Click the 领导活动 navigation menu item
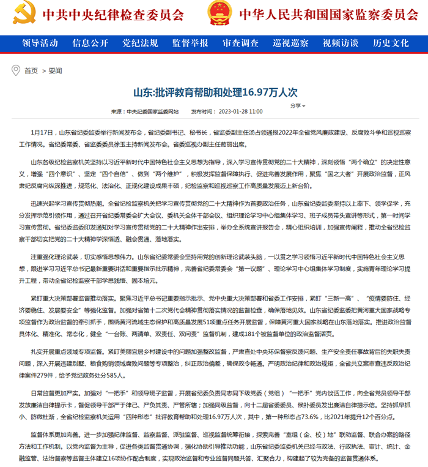pos(40,43)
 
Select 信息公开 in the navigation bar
pos(90,43)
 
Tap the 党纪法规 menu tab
pos(140,43)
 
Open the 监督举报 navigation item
pos(190,43)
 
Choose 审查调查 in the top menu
pos(240,43)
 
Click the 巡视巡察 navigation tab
pos(290,43)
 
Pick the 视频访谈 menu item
pos(341,43)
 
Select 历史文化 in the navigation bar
pos(391,43)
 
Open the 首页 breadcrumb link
pos(31,71)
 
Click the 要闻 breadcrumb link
pos(55,71)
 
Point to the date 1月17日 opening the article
pos(41,132)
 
